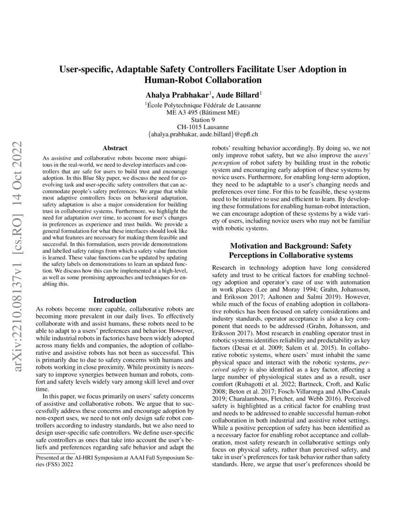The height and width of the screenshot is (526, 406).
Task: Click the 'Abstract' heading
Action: (x=114, y=149)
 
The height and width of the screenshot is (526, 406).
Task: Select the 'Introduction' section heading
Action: (x=114, y=300)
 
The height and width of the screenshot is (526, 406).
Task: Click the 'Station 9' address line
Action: (x=203, y=120)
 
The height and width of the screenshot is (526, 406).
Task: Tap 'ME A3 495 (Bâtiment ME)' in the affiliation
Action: (x=203, y=112)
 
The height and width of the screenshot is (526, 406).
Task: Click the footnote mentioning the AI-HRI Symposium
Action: (x=114, y=461)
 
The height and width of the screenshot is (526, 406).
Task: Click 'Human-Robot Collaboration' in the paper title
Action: (x=203, y=79)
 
